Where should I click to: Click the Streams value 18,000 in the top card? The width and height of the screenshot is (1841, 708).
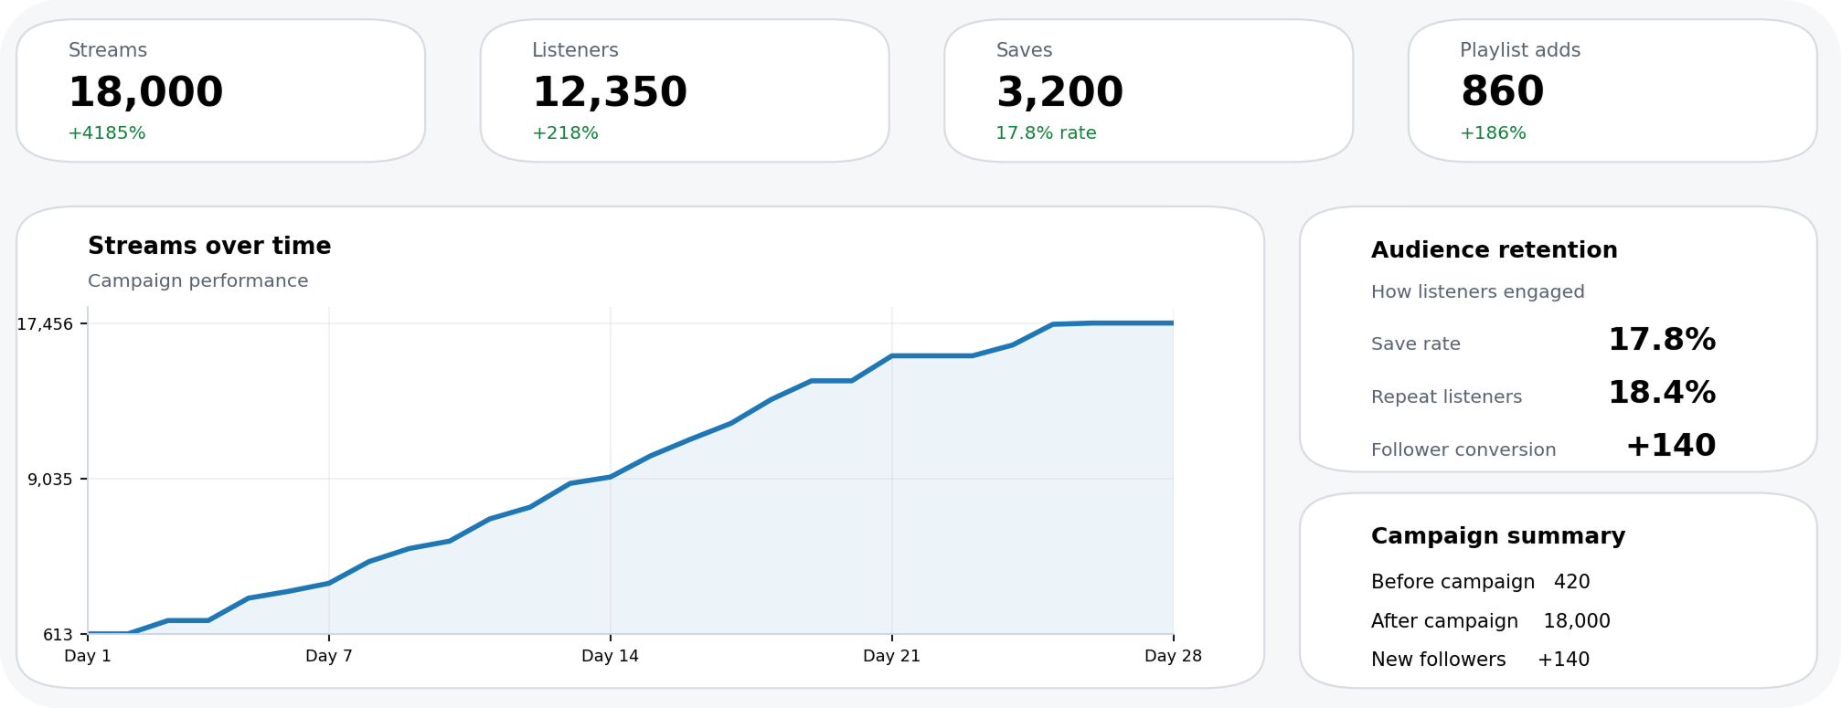tap(145, 91)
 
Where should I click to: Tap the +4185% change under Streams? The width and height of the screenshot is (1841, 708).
tap(107, 133)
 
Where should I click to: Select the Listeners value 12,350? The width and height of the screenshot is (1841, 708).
tap(610, 91)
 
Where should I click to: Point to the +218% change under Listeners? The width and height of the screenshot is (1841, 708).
tap(565, 133)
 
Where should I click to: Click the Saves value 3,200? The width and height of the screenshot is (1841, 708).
tap(1059, 91)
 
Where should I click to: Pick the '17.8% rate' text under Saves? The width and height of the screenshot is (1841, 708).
tap(1046, 133)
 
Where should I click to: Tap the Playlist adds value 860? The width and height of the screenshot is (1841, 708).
tap(1502, 91)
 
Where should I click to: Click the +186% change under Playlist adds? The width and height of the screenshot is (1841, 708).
tap(1493, 133)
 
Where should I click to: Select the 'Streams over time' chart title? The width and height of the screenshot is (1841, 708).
tap(209, 246)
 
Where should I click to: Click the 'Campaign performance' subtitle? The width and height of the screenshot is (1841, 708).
tap(197, 281)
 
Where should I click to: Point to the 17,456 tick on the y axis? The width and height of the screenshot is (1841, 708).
tap(45, 324)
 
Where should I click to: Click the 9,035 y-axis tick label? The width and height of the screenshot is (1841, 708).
tap(49, 480)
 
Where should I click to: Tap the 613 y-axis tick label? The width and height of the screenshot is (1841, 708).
tap(58, 635)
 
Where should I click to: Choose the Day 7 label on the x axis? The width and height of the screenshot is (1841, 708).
tap(328, 656)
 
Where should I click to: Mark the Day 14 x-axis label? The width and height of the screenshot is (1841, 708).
tap(610, 656)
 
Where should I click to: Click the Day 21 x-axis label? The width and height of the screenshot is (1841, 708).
tap(891, 656)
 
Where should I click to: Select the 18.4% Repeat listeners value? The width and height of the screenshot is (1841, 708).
tap(1661, 393)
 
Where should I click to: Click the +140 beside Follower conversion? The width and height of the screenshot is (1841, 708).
tap(1670, 446)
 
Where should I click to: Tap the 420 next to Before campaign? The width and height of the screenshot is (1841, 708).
tap(1571, 582)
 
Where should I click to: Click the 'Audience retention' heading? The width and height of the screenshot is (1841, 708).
tap(1494, 250)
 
